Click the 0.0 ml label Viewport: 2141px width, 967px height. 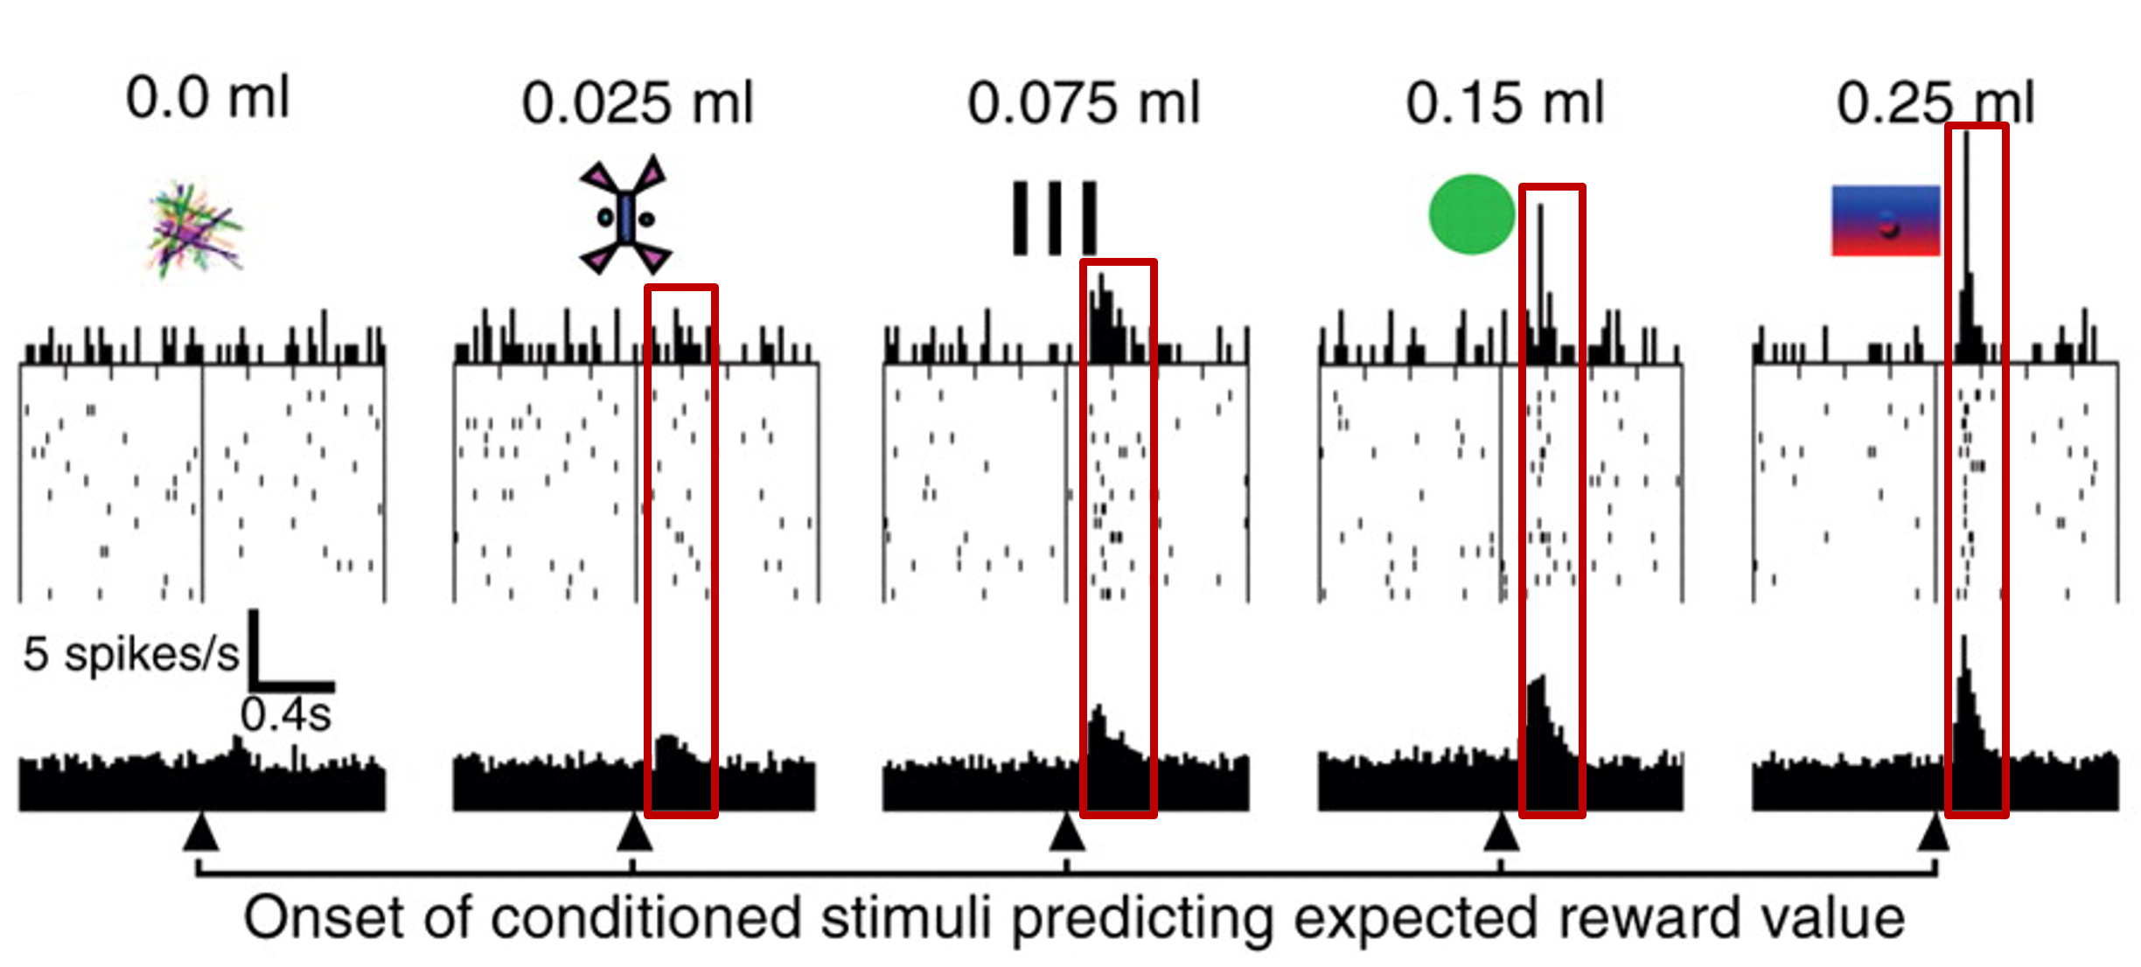(x=207, y=97)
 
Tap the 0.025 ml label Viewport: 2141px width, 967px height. (x=637, y=103)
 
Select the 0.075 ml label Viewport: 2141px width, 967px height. (x=1084, y=103)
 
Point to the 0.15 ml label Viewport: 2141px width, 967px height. (x=1505, y=103)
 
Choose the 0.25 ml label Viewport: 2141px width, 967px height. (x=1935, y=103)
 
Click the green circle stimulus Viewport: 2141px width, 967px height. (x=1471, y=214)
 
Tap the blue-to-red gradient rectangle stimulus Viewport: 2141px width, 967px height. (x=1886, y=220)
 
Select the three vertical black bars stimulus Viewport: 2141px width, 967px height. (x=1054, y=218)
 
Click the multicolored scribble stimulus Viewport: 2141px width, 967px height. (x=194, y=229)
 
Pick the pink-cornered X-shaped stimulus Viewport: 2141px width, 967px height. (x=625, y=216)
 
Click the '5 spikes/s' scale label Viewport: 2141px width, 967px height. (x=130, y=654)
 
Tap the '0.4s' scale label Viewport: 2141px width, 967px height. (x=286, y=715)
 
